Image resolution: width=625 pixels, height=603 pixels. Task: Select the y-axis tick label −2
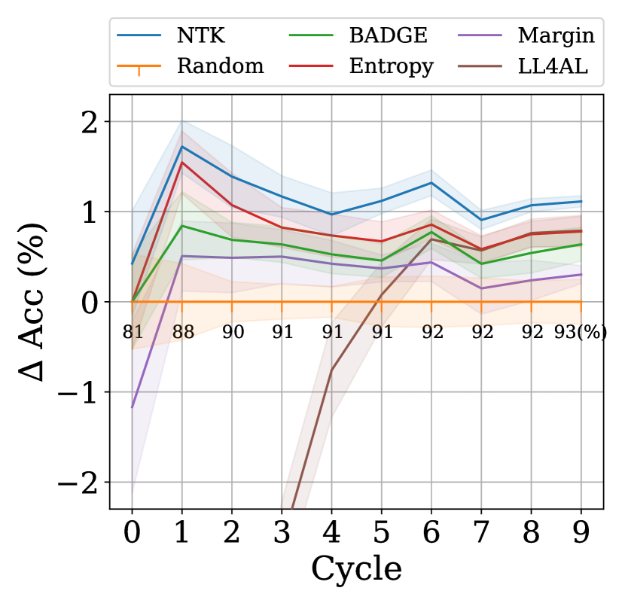tap(82, 482)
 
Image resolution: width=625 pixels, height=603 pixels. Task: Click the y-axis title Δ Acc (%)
tap(38, 301)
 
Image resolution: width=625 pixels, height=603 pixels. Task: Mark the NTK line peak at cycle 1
tap(181, 146)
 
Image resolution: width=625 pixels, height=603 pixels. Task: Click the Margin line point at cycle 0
tap(132, 407)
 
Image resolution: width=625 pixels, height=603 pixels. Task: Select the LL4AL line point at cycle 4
tap(331, 370)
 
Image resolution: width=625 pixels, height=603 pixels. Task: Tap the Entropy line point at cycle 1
tap(181, 162)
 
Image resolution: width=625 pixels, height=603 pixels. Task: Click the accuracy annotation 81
tap(132, 332)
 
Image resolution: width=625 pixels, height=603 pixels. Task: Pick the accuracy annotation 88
tap(181, 332)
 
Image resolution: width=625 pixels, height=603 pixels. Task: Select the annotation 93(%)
tap(580, 332)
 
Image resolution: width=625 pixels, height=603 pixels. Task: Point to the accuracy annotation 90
tap(232, 332)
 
